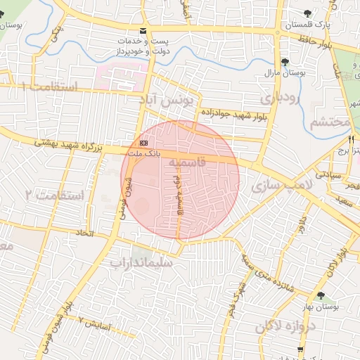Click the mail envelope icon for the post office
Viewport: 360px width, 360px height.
point(143,31)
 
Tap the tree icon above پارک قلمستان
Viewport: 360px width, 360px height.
point(306,13)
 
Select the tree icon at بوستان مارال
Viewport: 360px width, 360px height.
point(284,62)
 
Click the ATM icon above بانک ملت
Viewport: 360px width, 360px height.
point(143,143)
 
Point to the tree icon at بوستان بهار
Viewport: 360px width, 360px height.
point(321,295)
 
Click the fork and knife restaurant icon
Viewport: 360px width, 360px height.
point(351,139)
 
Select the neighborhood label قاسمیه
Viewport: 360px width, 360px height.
point(188,162)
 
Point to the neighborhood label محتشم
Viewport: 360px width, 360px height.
point(330,122)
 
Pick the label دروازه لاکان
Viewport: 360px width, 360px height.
point(269,326)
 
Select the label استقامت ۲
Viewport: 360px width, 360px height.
point(54,195)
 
